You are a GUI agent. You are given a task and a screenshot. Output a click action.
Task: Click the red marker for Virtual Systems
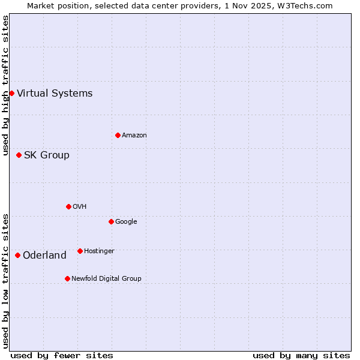[11, 93]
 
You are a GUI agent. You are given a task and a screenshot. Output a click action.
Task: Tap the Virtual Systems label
[55, 93]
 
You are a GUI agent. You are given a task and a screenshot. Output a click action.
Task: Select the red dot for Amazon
[118, 135]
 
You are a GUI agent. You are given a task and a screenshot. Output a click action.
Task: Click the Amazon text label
[134, 136]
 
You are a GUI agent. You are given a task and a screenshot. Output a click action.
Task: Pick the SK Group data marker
[19, 155]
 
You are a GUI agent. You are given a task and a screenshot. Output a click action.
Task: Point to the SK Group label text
[47, 155]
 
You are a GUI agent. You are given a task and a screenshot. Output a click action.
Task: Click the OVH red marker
[68, 206]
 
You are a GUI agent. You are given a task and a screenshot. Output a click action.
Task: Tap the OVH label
[80, 207]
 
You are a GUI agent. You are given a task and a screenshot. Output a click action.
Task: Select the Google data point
[111, 221]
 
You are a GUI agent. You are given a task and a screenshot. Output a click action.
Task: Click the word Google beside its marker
[126, 222]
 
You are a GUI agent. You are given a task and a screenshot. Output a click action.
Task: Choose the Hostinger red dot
[80, 251]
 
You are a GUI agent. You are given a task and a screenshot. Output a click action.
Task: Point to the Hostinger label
[99, 251]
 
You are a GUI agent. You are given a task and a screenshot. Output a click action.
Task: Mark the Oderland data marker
[17, 255]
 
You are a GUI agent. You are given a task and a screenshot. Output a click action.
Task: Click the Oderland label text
[44, 256]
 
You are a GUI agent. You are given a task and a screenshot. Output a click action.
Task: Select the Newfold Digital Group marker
[67, 278]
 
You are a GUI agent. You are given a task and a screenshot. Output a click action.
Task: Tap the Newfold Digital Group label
[106, 279]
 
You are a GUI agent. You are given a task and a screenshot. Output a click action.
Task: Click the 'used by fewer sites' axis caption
[62, 355]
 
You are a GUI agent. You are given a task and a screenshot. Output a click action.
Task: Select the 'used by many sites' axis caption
[301, 355]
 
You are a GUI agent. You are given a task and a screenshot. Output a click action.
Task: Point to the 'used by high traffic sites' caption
[6, 85]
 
